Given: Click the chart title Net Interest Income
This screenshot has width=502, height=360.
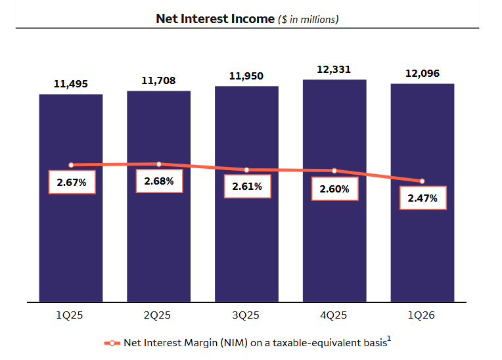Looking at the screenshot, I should (215, 18).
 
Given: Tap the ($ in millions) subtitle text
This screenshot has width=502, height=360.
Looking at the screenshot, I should (308, 19).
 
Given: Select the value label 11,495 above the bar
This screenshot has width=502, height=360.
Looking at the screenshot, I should (70, 84).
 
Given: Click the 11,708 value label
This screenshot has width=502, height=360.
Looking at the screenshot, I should (158, 81).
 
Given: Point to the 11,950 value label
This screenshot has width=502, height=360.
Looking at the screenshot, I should (246, 76).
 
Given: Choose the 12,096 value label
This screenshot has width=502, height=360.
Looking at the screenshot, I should (422, 73).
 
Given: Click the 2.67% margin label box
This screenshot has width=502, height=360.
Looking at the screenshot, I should (72, 183).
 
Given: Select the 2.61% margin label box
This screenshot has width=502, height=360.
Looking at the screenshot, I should (246, 187).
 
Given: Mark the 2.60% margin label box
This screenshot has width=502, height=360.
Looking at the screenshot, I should (335, 189).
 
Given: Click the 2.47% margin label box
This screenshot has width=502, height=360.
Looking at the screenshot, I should (422, 198).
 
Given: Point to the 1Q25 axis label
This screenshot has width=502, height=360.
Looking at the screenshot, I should (70, 315).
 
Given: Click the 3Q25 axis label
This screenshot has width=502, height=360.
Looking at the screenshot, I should (246, 315).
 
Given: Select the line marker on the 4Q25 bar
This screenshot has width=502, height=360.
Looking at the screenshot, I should (334, 171).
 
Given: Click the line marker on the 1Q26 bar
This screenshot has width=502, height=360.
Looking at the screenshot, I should (422, 181).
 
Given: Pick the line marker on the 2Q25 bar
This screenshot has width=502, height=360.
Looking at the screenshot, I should (158, 164).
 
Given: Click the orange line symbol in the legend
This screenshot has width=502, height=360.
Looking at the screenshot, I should (112, 343).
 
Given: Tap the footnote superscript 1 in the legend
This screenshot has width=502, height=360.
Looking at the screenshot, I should (388, 339).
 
